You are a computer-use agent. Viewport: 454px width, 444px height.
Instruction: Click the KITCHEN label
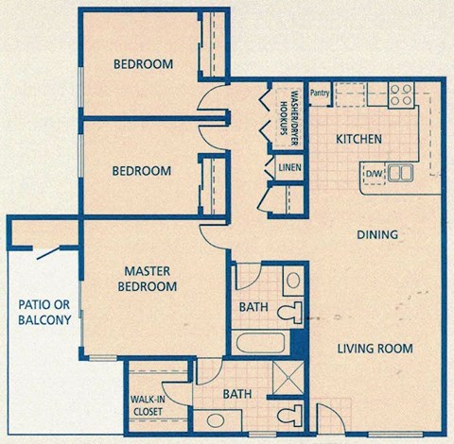pyautogui.click(x=359, y=139)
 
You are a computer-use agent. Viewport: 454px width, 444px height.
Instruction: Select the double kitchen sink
pyautogui.click(x=400, y=173)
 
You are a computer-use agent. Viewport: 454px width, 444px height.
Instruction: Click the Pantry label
pyautogui.click(x=319, y=93)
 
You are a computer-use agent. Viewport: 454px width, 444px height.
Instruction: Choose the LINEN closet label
pyautogui.click(x=289, y=168)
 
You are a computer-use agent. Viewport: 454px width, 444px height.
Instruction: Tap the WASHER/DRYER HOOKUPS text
pyautogui.click(x=288, y=115)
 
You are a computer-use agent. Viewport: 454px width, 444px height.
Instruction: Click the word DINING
pyautogui.click(x=376, y=234)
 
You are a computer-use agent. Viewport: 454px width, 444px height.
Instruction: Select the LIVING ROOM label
pyautogui.click(x=375, y=349)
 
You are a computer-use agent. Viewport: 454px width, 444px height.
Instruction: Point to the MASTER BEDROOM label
pyautogui.click(x=148, y=278)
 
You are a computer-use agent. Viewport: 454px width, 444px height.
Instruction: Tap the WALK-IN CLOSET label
pyautogui.click(x=146, y=404)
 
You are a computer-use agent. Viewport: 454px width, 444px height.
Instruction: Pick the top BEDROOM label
pyautogui.click(x=143, y=64)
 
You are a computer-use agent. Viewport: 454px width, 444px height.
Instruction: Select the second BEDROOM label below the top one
pyautogui.click(x=142, y=171)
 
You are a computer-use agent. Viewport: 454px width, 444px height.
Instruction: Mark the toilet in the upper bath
pyautogui.click(x=295, y=313)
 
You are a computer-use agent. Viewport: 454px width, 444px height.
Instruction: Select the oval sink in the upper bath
pyautogui.click(x=293, y=281)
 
